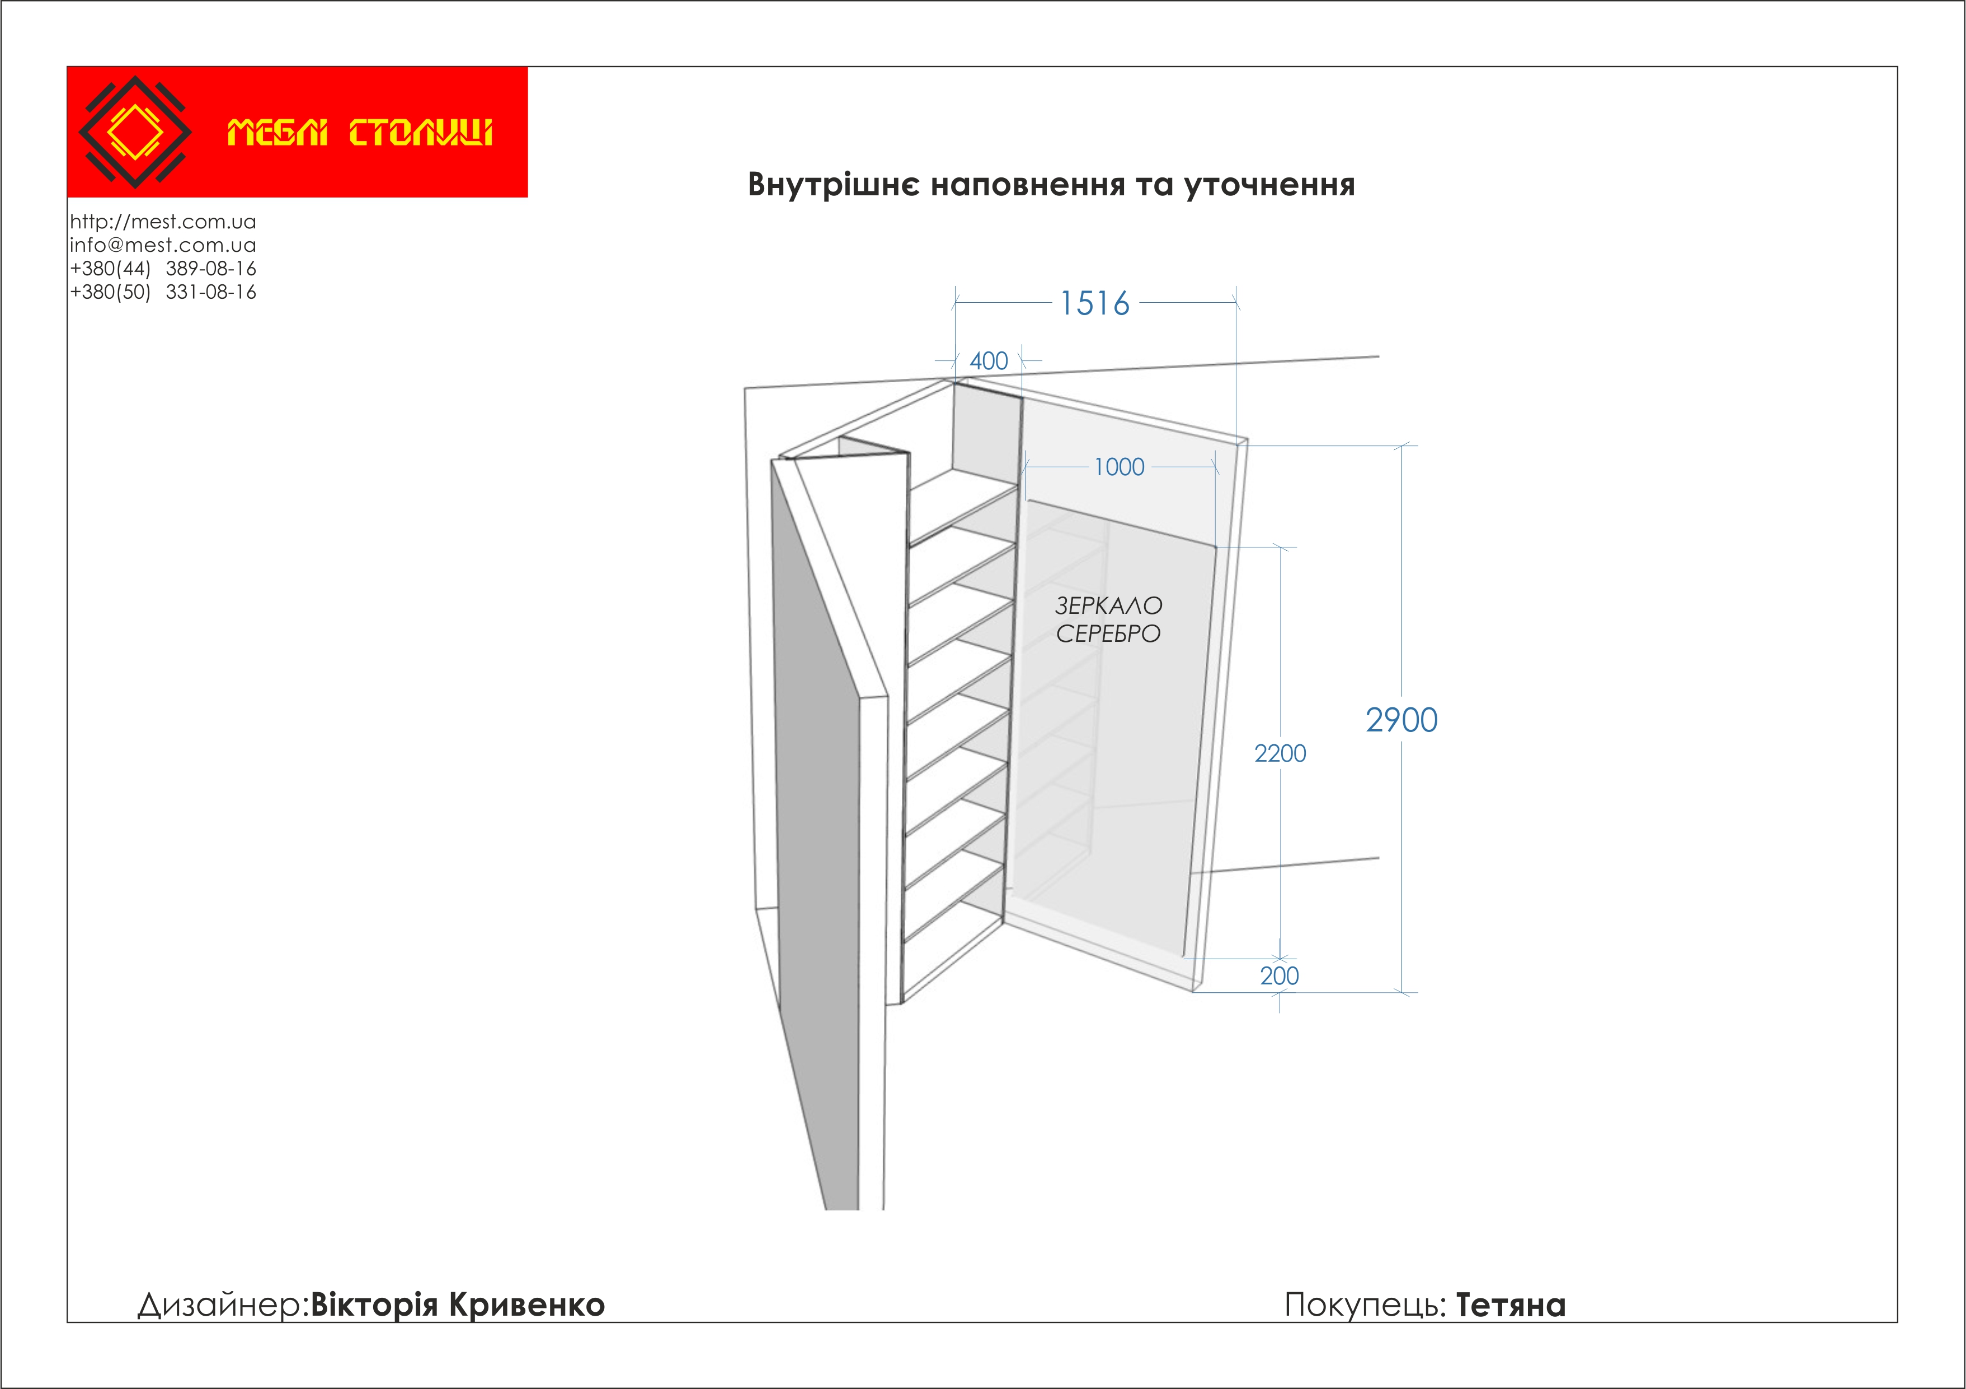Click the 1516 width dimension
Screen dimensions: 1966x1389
pos(1094,303)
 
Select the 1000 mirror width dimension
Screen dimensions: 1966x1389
pos(1119,467)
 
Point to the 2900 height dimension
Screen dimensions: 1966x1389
pos(1401,720)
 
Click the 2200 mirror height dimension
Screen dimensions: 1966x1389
pos(1280,754)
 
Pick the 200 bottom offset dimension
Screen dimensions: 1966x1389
pos(1280,975)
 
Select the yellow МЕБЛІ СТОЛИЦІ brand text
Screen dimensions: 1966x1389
pos(360,133)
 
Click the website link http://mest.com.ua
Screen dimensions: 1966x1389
pos(163,222)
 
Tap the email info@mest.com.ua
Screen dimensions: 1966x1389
pos(163,245)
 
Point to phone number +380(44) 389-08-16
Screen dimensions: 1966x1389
pos(163,269)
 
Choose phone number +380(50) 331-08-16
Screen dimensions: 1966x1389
pos(163,292)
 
